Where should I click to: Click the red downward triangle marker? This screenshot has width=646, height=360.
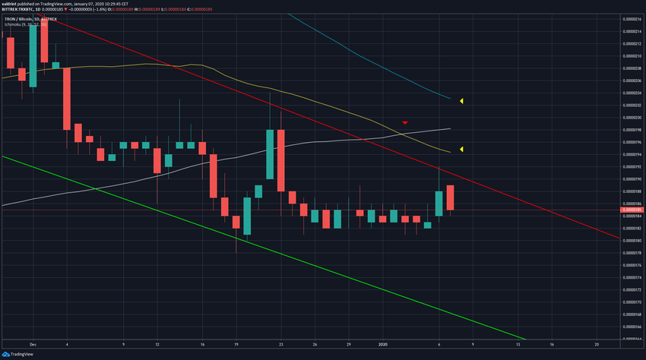click(x=406, y=122)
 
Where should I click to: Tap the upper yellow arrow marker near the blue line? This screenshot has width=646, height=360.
click(x=461, y=100)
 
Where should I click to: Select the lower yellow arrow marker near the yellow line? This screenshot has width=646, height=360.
click(x=461, y=149)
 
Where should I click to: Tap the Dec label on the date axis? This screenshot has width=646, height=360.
click(x=33, y=343)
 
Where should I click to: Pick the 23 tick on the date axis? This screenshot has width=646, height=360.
click(x=281, y=343)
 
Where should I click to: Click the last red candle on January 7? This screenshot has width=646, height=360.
click(x=450, y=197)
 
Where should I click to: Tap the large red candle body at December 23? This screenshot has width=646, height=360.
click(x=281, y=160)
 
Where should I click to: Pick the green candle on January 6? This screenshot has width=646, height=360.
click(x=439, y=204)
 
